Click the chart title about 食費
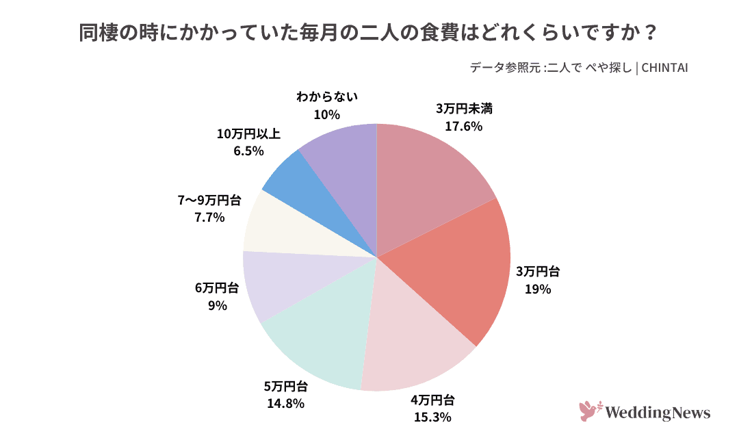pyautogui.click(x=369, y=33)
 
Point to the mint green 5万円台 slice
pyautogui.click(x=322, y=335)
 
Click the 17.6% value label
pyautogui.click(x=464, y=126)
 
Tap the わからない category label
pyautogui.click(x=327, y=97)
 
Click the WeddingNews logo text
pyautogui.click(x=659, y=413)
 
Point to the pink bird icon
pyautogui.click(x=588, y=411)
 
